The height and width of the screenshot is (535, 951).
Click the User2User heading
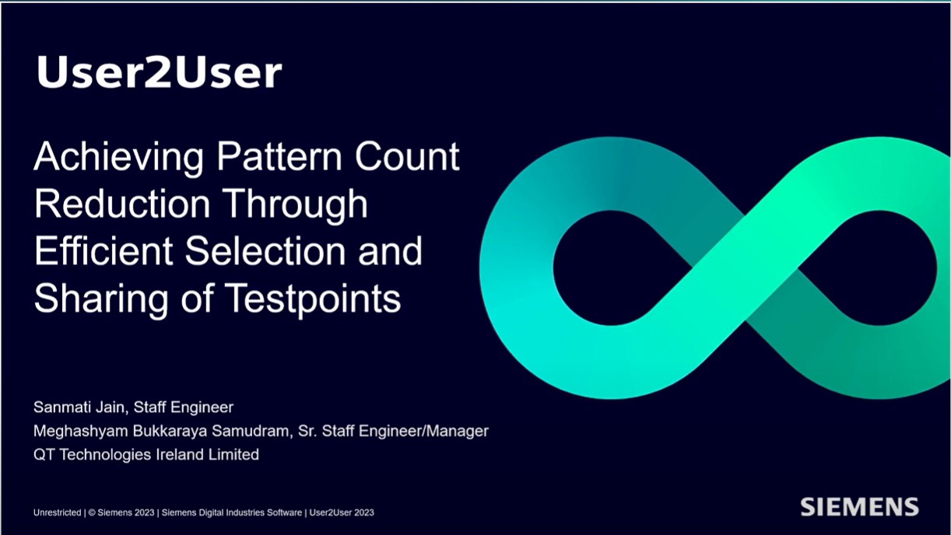tap(160, 72)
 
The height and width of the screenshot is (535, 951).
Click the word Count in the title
tap(407, 156)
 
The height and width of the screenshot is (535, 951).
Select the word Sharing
tap(101, 300)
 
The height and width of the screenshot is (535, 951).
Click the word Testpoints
tap(313, 300)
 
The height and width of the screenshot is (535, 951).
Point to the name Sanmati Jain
tap(79, 407)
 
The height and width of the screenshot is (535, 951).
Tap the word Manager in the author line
tap(458, 432)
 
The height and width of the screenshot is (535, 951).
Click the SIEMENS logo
tap(859, 507)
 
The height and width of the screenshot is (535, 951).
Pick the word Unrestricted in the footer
tap(58, 512)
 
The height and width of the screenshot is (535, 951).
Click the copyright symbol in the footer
tap(92, 512)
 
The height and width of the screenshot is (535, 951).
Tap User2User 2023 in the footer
tap(342, 512)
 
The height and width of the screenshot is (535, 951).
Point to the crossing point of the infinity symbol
tap(745, 268)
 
